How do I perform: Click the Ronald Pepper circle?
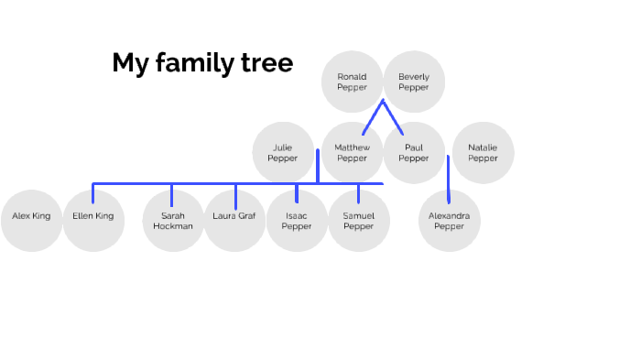coord(352,82)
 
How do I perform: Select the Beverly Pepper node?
coord(414,82)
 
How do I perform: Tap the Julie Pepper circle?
coord(283,152)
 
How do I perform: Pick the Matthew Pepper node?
coord(352,152)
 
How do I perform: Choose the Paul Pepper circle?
coord(413,152)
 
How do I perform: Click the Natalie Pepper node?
coord(483,152)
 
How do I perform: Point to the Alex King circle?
coord(31,220)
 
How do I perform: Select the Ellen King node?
coord(93,220)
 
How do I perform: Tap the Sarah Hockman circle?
coord(173,220)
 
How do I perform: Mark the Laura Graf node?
coord(234,220)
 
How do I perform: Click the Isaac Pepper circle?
coord(297,220)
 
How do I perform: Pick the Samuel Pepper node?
coord(359,220)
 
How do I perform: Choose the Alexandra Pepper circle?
coord(450,220)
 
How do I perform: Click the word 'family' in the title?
coord(193,63)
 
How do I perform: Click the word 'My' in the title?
coord(130,63)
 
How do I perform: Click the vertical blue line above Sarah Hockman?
coord(172,194)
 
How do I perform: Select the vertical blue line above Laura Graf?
coord(235,196)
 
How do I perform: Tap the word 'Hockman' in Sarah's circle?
coord(173,226)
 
